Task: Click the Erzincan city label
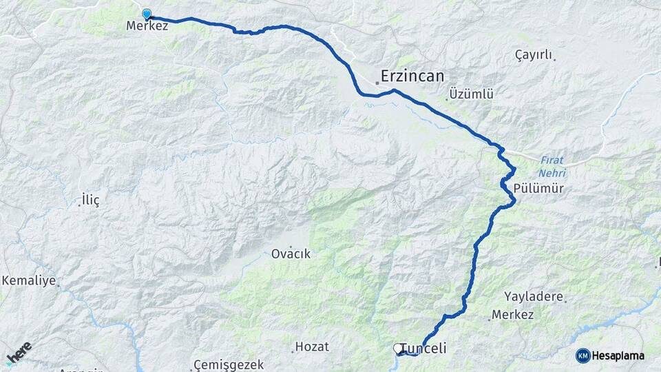point(412,75)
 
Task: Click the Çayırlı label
point(534,55)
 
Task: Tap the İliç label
point(90,200)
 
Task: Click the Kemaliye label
point(28,281)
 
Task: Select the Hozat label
point(312,347)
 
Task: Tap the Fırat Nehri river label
point(552,163)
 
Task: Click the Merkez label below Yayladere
point(513,315)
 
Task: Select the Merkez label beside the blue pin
point(147,25)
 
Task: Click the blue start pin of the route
point(146,14)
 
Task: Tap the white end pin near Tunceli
point(398,349)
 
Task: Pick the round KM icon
point(583,355)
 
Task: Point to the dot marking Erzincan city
point(377,83)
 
